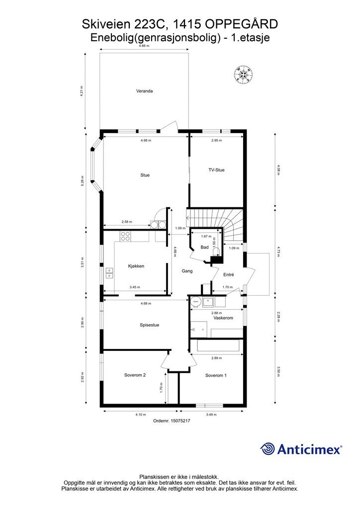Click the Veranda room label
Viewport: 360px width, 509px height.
(144, 91)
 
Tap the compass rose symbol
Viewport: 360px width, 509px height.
(243, 75)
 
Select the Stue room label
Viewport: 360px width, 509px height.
(145, 175)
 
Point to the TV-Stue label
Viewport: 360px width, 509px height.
(216, 170)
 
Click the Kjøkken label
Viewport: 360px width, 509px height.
(136, 266)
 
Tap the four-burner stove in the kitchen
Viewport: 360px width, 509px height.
(125, 236)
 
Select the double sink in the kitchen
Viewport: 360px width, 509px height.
(110, 273)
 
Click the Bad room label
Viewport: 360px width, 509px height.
(204, 248)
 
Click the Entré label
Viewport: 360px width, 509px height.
(229, 274)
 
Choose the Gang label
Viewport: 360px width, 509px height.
(187, 271)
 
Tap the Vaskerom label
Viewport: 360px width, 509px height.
(223, 318)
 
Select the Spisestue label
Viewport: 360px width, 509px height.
(149, 325)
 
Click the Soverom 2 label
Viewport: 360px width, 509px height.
(135, 375)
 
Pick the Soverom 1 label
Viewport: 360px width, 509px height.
(216, 375)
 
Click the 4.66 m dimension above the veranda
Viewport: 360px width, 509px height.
(144, 46)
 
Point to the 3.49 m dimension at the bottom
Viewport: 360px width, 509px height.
(211, 415)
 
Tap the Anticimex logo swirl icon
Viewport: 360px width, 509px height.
(267, 449)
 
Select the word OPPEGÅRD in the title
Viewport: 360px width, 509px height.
(242, 24)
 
